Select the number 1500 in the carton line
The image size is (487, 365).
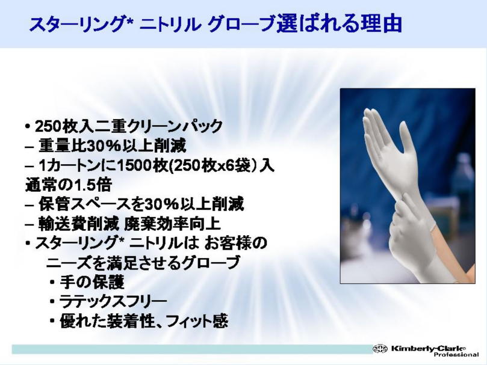pyautogui.click(x=134, y=165)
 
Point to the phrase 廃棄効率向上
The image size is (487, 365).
pyautogui.click(x=172, y=224)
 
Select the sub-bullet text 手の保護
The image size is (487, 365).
pyautogui.click(x=92, y=282)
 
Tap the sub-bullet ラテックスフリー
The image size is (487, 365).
pyautogui.click(x=113, y=302)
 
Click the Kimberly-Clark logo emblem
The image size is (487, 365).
pyautogui.click(x=380, y=349)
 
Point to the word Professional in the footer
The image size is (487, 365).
pyautogui.click(x=456, y=354)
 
